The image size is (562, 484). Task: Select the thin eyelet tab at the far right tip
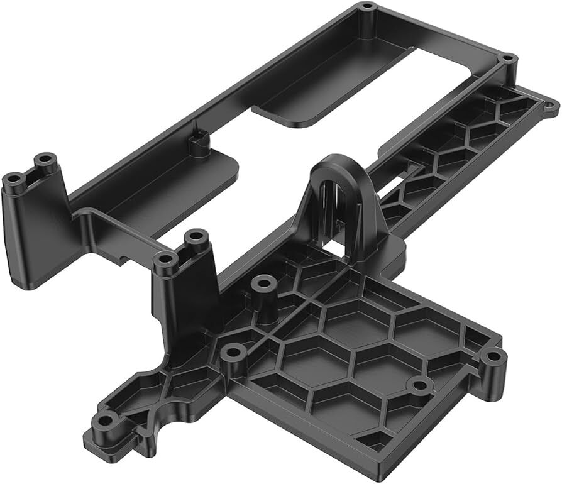pos(551,104)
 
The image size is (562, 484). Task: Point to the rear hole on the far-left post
pos(45,160)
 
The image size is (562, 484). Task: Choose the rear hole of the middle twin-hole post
pos(197,237)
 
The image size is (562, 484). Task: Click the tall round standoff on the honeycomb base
pos(263,285)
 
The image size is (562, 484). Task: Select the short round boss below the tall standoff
pos(233,351)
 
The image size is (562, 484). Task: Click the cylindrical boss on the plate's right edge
pos(493,357)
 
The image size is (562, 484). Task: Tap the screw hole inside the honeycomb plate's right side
pos(416,385)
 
